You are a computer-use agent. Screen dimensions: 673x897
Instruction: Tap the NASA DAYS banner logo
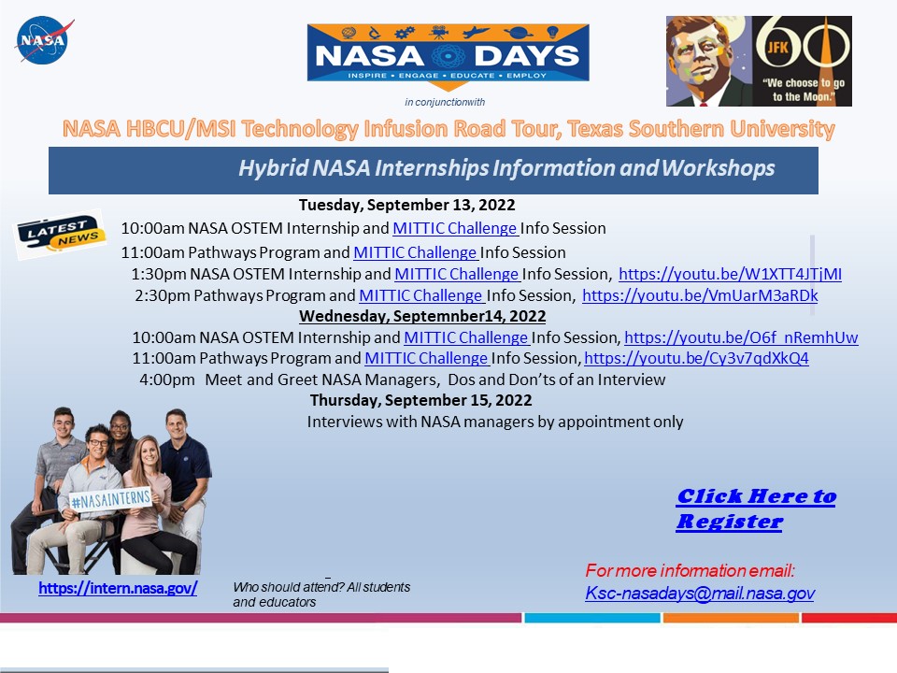[x=448, y=55]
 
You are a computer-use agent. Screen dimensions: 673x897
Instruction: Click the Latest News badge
[x=60, y=235]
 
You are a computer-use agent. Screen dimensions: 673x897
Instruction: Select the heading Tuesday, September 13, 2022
[x=406, y=205]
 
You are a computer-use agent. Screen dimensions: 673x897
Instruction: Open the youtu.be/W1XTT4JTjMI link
[x=730, y=275]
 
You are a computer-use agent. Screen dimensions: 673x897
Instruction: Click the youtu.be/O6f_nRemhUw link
[x=740, y=338]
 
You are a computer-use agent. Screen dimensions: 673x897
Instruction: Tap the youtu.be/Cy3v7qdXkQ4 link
[x=696, y=359]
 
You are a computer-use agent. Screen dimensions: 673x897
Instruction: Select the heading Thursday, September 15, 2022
[x=420, y=400]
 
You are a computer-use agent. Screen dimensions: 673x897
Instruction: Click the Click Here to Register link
[x=755, y=508]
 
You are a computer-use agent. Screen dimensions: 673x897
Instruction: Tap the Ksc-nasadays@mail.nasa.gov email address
[x=700, y=593]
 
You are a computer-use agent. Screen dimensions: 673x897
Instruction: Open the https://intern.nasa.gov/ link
[x=118, y=589]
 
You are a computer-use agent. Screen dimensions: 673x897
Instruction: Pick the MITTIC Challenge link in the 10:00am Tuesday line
[x=455, y=228]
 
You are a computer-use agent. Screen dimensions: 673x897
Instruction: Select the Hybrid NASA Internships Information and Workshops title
[x=505, y=169]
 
